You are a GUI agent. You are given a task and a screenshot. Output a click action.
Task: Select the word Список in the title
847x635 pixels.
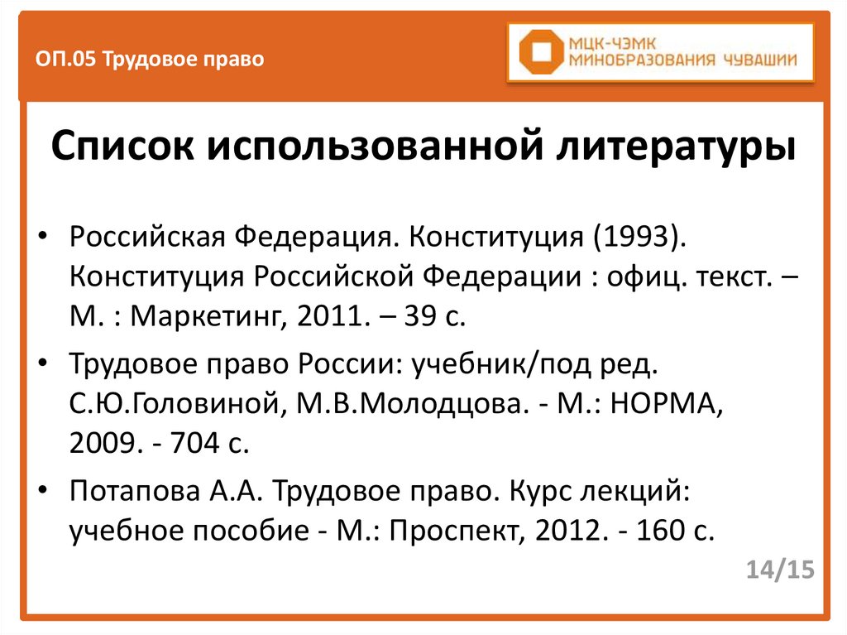click(123, 149)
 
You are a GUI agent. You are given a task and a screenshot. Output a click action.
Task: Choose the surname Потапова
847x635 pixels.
click(132, 491)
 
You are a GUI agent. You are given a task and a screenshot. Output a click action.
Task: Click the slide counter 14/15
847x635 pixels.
click(779, 570)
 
